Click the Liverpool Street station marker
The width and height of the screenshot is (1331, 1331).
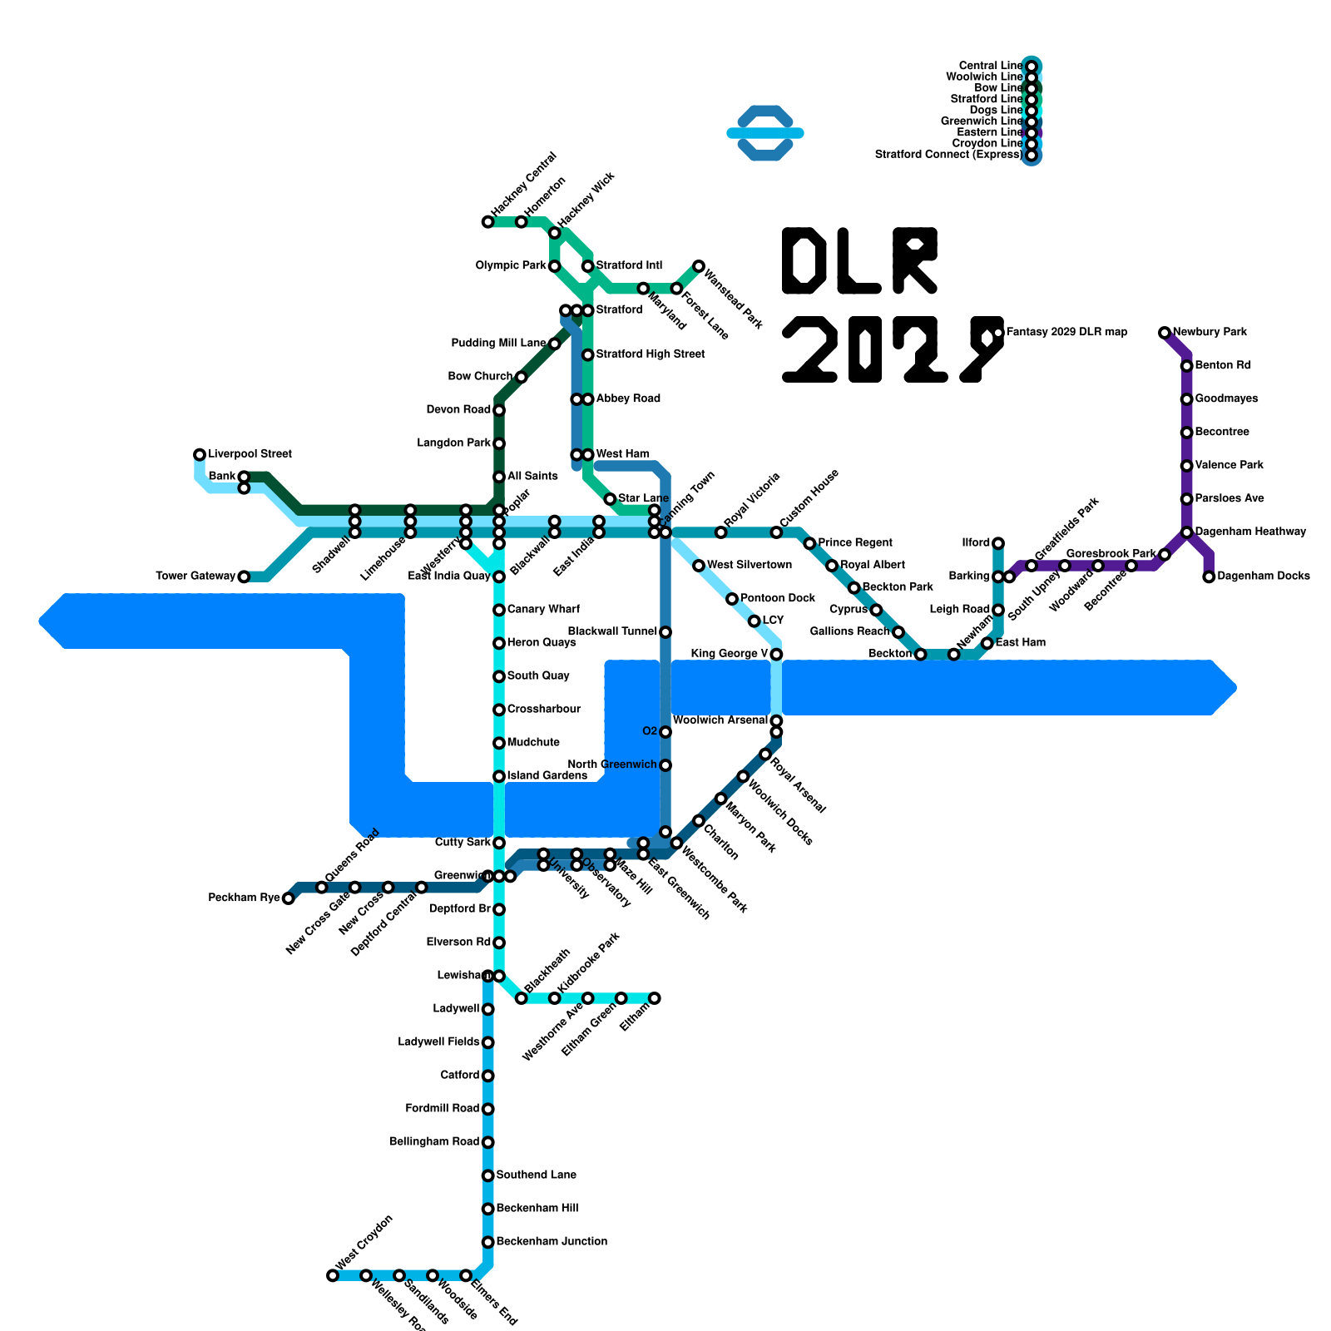tap(200, 454)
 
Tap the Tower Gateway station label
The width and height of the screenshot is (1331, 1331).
tap(196, 576)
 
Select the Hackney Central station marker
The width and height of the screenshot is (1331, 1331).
tap(487, 222)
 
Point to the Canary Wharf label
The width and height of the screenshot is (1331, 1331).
tap(543, 610)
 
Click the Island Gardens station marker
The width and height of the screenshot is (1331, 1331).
tap(499, 776)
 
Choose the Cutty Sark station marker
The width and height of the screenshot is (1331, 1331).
tap(499, 843)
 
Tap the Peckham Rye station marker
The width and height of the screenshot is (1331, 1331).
tap(288, 898)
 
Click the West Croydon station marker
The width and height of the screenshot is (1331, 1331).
tap(333, 1275)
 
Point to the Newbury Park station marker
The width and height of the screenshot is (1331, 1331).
tap(1165, 333)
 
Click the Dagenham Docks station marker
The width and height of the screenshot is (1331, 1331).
tap(1209, 576)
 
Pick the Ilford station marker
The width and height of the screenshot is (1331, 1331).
tap(998, 543)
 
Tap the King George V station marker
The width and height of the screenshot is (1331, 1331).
tap(776, 655)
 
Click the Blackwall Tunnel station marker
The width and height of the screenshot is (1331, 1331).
tap(665, 632)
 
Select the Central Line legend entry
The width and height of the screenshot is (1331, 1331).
tap(990, 66)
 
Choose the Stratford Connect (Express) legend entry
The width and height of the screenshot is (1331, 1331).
tap(948, 155)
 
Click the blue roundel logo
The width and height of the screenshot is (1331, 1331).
tap(765, 133)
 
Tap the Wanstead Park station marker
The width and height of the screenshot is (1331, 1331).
tap(699, 266)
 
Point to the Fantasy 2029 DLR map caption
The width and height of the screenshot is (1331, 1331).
tap(1066, 333)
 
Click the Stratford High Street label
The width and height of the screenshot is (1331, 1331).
tap(651, 354)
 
